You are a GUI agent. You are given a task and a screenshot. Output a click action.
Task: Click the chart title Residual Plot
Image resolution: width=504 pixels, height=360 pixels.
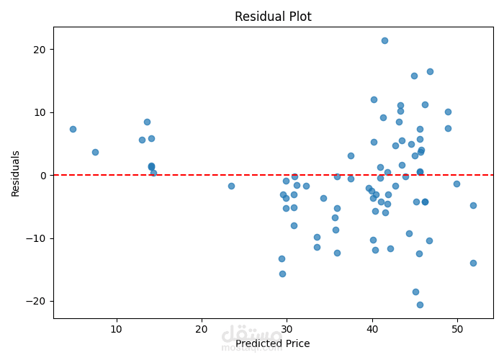pos(273,17)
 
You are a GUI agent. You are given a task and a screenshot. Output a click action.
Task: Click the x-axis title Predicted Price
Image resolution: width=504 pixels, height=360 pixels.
pos(272,343)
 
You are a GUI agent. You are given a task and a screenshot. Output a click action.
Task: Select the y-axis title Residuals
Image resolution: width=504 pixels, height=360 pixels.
pos(16,174)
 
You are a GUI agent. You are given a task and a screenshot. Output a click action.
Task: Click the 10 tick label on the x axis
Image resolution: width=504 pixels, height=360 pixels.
pos(117,330)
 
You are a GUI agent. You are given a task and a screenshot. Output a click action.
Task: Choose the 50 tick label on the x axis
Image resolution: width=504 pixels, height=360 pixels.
pos(457,330)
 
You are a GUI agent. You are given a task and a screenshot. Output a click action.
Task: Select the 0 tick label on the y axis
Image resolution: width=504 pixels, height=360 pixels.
pos(42,176)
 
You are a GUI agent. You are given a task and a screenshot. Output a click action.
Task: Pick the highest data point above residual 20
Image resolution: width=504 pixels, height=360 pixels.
pos(384,40)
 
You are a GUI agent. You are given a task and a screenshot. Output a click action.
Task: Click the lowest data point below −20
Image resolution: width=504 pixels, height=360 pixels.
pos(420,305)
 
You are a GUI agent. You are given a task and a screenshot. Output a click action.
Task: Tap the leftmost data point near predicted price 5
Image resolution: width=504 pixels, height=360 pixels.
pos(73,129)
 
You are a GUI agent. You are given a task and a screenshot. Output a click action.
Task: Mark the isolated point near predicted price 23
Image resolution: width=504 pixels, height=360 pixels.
pos(231,186)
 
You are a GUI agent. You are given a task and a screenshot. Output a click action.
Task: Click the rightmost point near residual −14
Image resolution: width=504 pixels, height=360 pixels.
pos(473,263)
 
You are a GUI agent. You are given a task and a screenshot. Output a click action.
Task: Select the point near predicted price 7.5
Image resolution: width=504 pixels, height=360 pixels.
pos(95,152)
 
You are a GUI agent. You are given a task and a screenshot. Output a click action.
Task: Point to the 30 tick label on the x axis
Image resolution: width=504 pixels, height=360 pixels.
pos(287,330)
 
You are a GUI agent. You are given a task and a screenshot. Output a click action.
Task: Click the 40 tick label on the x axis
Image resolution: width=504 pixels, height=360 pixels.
pos(372,330)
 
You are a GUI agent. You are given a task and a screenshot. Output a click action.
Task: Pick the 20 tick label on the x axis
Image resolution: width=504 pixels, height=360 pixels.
pos(202,330)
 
